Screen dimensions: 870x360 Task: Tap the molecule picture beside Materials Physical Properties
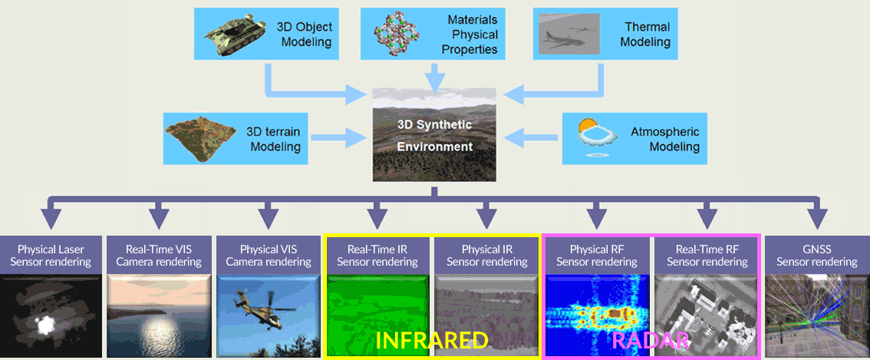tap(399, 34)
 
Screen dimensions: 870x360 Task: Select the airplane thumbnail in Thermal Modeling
tap(569, 33)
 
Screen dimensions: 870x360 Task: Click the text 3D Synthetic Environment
tap(434, 136)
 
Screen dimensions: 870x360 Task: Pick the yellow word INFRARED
tap(431, 341)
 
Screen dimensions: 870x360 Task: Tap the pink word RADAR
tap(651, 341)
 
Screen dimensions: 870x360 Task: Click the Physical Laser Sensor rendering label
tap(51, 255)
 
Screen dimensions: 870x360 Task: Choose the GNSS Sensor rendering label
tap(817, 255)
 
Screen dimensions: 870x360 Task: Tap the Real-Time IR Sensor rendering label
tap(377, 255)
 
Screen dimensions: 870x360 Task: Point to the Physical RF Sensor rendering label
tap(596, 255)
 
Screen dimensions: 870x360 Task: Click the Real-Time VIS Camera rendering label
tap(160, 255)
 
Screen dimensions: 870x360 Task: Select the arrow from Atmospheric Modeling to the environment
tap(532, 137)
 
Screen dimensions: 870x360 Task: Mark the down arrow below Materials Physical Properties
tap(434, 77)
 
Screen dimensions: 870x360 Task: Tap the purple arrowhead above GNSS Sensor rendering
tap(817, 218)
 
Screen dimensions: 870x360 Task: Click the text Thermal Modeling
tap(647, 34)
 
